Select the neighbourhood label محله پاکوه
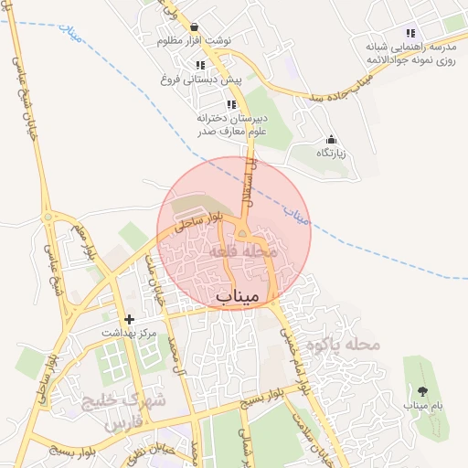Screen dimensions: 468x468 343,345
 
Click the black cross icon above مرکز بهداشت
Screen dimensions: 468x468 129,319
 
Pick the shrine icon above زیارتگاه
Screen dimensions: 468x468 331,139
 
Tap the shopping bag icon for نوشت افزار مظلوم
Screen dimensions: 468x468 197,27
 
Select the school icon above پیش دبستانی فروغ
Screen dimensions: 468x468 199,65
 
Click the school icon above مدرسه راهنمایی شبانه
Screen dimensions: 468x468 410,33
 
